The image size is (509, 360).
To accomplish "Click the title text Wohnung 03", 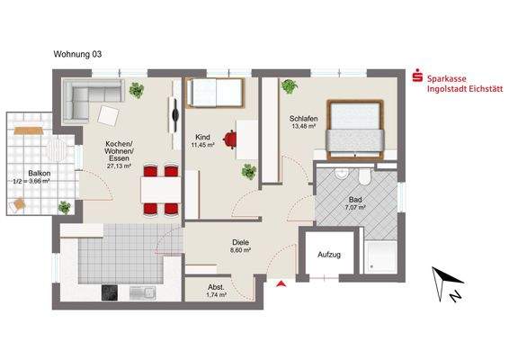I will (77, 54).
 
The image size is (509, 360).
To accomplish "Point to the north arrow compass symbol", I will (444, 284).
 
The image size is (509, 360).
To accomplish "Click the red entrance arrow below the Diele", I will (281, 284).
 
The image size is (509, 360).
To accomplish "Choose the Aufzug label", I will (330, 255).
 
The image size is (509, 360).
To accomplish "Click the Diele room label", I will (240, 242).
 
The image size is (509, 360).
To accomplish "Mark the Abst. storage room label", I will (216, 286).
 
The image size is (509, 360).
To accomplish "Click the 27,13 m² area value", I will (119, 166).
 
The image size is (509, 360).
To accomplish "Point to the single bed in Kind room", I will (214, 94).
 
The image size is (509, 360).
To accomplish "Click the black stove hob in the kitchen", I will (112, 293).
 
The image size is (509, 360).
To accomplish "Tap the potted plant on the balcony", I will (65, 207).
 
